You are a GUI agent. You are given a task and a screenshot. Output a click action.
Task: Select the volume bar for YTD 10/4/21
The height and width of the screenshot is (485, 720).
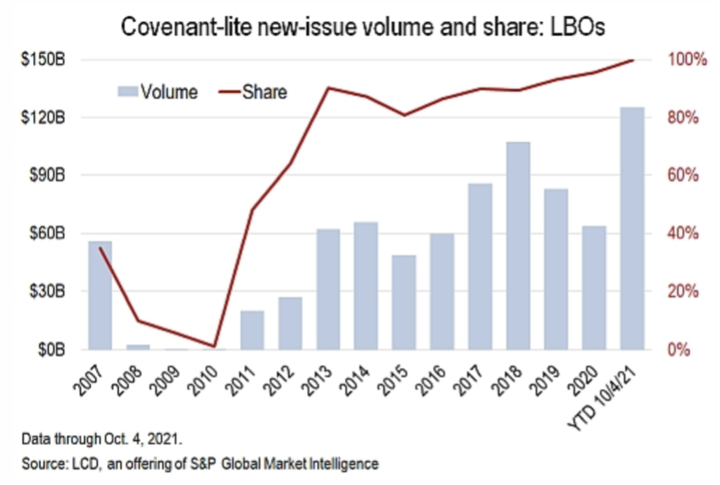632,227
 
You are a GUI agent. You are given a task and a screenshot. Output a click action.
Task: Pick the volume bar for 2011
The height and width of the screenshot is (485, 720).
253,330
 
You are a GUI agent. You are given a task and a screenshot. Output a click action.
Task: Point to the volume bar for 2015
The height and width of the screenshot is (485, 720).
404,302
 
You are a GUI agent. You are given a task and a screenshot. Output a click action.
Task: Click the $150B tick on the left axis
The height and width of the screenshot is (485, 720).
43,59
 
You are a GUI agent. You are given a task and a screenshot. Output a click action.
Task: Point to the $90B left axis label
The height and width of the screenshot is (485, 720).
46,175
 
